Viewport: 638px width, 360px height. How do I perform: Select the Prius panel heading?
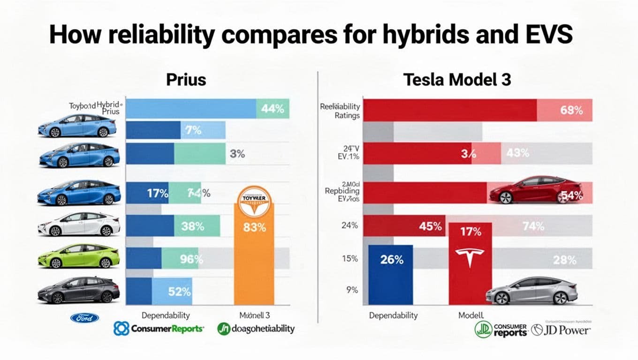pyautogui.click(x=186, y=80)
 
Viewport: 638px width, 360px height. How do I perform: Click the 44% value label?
pyautogui.click(x=273, y=109)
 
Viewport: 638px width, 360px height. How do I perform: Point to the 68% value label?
pyautogui.click(x=571, y=111)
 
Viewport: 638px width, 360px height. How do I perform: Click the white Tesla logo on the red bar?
pyautogui.click(x=470, y=256)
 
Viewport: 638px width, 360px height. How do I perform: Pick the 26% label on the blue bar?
pyautogui.click(x=391, y=260)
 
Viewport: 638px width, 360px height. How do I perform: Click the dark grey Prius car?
pyautogui.click(x=79, y=290)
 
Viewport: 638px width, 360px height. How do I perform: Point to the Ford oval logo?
pyautogui.click(x=84, y=318)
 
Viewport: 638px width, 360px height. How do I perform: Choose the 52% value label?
pyautogui.click(x=179, y=291)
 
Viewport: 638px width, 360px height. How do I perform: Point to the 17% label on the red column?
pyautogui.click(x=470, y=232)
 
